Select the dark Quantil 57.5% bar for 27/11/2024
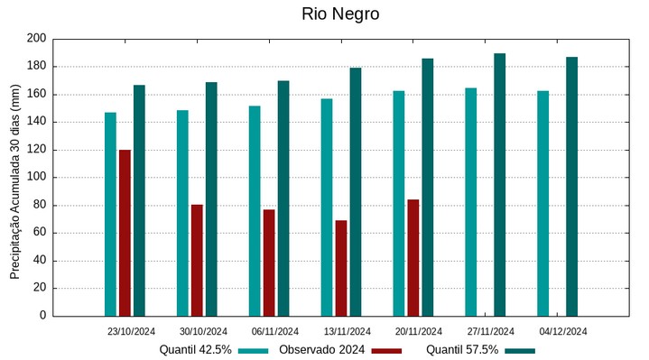[499, 185]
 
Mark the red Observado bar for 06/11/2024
[269, 263]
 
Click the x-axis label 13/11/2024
[347, 331]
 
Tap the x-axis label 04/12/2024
[563, 331]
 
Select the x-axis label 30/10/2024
[203, 331]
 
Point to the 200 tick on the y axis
[36, 39]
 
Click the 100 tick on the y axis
[36, 178]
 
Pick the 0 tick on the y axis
[42, 316]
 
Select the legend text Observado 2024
[321, 350]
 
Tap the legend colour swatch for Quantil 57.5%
[520, 350]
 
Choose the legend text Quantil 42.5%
[196, 350]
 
